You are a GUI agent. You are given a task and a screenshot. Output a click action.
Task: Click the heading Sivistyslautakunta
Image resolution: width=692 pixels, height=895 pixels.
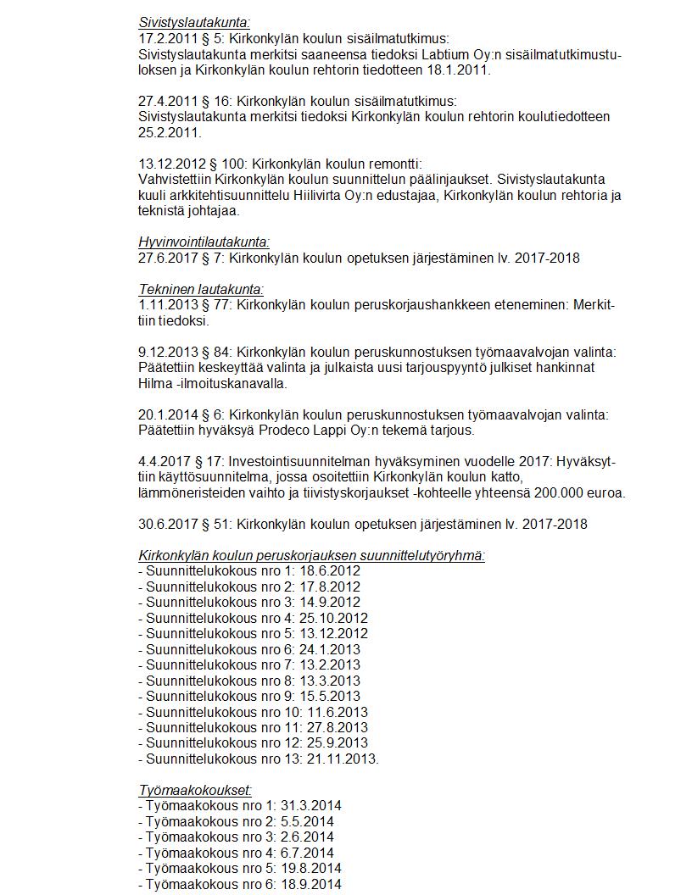coord(194,23)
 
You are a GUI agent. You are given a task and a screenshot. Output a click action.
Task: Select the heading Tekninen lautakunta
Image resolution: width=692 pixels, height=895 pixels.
coord(201,289)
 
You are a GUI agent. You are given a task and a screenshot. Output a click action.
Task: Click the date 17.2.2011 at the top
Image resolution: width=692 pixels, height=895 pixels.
coord(169,39)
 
